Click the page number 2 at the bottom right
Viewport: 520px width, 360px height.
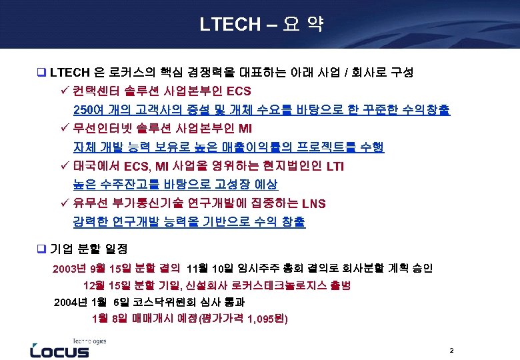pos(451,350)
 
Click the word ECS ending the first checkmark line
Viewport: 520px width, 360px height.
pos(239,91)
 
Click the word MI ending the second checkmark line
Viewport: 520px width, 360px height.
pos(246,128)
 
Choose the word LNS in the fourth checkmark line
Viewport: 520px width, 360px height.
pos(315,203)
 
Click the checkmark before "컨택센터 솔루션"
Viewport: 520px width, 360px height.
pos(65,90)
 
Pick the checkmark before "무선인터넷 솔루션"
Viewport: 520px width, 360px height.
pos(65,127)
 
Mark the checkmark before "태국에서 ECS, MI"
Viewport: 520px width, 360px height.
pos(65,165)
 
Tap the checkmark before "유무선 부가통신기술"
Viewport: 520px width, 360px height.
pos(65,203)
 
